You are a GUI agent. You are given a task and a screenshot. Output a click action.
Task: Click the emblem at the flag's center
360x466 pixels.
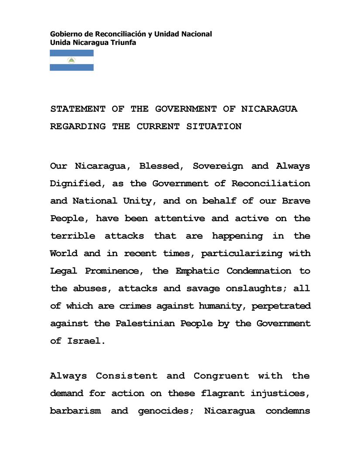pyautogui.click(x=72, y=60)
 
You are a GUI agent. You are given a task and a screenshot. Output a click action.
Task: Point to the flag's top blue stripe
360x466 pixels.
pyautogui.click(x=72, y=53)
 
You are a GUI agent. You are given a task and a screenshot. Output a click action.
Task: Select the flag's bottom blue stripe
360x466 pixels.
pyautogui.click(x=72, y=68)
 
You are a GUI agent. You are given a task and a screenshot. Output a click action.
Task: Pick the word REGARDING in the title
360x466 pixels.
pyautogui.click(x=78, y=127)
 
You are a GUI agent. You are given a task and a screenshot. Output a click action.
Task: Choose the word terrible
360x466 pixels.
pyautogui.click(x=72, y=236)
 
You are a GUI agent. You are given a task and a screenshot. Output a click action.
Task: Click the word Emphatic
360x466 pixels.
pyautogui.click(x=198, y=271)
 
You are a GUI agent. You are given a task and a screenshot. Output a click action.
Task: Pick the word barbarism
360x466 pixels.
pyautogui.click(x=75, y=411)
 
